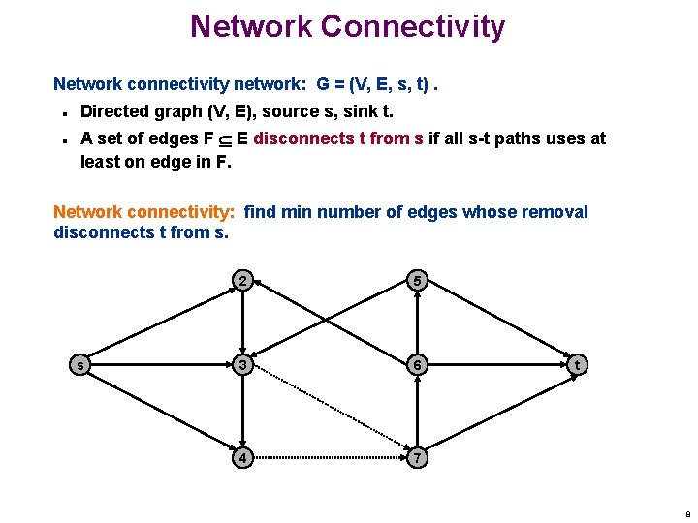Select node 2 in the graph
click(x=243, y=282)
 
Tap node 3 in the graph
click(x=243, y=364)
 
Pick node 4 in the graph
click(x=243, y=455)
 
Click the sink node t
click(x=578, y=364)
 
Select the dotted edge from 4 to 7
click(x=330, y=455)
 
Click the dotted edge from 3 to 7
click(x=330, y=410)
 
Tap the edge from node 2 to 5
click(x=330, y=282)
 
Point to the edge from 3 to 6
click(x=330, y=364)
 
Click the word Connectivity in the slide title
click(x=412, y=26)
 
